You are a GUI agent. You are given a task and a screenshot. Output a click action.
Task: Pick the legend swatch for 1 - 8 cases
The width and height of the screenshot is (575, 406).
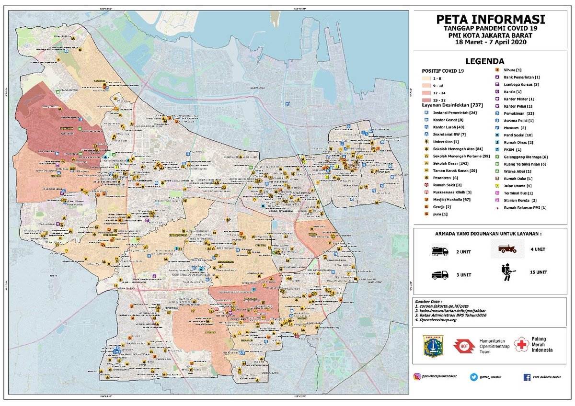[x=427, y=78]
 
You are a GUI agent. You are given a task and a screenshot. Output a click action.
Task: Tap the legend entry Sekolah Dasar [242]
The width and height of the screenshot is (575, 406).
[x=450, y=163]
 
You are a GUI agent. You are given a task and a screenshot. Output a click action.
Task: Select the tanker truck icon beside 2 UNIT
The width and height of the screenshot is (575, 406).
[x=439, y=251]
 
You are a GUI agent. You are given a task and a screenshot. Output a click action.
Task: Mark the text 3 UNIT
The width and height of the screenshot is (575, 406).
[x=463, y=275]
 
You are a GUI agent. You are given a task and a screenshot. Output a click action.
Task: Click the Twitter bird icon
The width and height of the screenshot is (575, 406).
[x=473, y=377]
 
